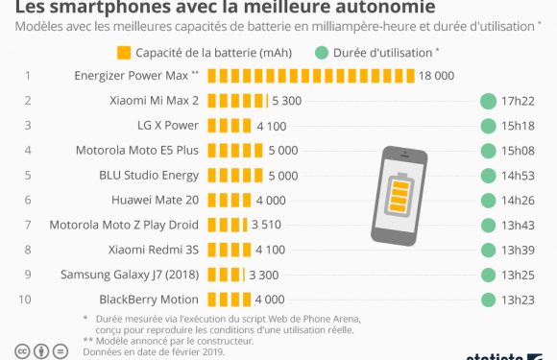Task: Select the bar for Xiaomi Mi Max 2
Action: coord(235,100)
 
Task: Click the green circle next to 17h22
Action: coord(489,100)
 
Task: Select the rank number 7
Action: coord(29,225)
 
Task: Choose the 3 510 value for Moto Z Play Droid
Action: coord(266,225)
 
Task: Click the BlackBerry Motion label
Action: coord(149,300)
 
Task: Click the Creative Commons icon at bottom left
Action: coord(21,351)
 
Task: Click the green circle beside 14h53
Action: coord(489,175)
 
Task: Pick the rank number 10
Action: coord(29,300)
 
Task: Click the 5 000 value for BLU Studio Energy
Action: coord(282,175)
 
